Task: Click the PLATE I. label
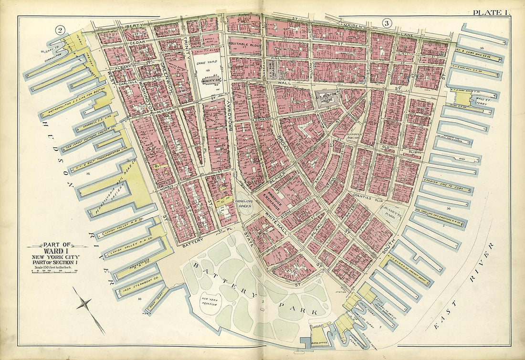[490, 13]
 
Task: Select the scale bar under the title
[57, 271]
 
